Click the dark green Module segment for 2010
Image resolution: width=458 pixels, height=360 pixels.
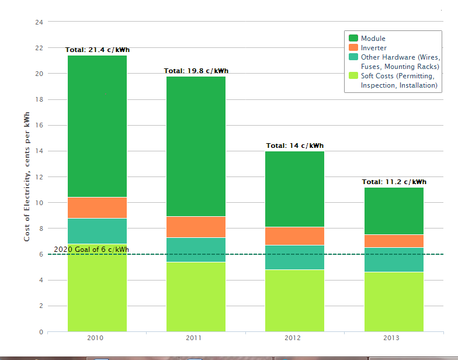[97, 126]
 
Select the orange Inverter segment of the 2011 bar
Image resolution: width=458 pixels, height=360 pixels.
[196, 227]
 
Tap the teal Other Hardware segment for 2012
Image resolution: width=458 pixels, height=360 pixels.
[294, 257]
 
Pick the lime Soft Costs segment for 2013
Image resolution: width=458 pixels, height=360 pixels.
[394, 302]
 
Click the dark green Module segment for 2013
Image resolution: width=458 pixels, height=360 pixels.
[394, 211]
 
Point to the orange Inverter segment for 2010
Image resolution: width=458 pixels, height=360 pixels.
[97, 207]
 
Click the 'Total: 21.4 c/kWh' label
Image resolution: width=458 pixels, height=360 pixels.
[97, 50]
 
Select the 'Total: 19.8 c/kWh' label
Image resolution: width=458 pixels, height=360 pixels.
[196, 71]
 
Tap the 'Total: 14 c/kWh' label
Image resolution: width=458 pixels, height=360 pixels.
[294, 146]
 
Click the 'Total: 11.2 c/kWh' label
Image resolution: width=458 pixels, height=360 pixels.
[394, 182]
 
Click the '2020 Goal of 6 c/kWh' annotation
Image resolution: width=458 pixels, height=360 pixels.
[91, 250]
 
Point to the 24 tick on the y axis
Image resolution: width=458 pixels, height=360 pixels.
[39, 22]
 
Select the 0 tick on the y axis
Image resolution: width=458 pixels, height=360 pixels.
[41, 332]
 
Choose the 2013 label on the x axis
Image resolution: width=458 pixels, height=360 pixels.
[391, 338]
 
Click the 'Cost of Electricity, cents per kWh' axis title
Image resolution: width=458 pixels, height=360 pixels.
[27, 177]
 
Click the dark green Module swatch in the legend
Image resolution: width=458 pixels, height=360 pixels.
[353, 39]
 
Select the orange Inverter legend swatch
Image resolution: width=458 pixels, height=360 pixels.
[353, 48]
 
